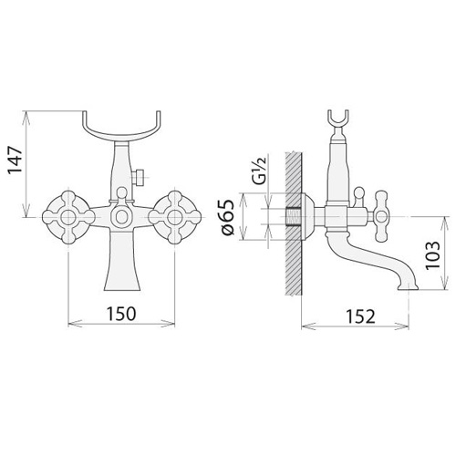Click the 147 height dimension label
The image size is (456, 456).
click(x=16, y=160)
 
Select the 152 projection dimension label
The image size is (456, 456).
click(x=360, y=316)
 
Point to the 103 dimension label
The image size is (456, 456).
click(x=432, y=254)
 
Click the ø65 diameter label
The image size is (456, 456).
click(x=229, y=217)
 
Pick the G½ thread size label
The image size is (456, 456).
click(x=258, y=171)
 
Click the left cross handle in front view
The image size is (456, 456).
click(x=68, y=217)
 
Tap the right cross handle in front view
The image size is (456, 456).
click(x=174, y=217)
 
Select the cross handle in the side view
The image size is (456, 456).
click(x=382, y=216)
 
